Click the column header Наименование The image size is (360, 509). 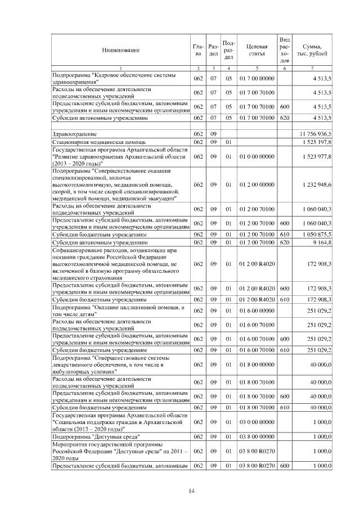coord(120,51)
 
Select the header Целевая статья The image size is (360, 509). coord(256,50)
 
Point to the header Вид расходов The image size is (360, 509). coord(285,50)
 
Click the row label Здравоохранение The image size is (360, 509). coord(74,134)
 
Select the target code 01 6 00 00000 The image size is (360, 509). coord(256,311)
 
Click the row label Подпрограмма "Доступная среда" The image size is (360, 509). coord(96,436)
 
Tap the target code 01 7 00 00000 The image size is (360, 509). coord(256,77)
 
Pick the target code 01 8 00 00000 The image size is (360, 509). coord(256,366)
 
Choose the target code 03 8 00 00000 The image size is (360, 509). coord(256,436)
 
